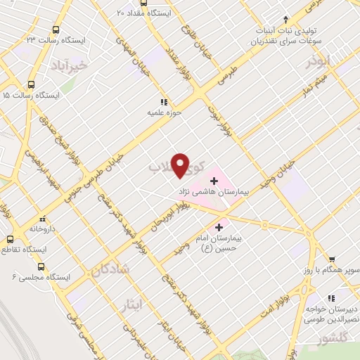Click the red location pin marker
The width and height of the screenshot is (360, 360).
pos(181,165)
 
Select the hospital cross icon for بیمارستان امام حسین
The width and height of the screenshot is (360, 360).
pos(220,227)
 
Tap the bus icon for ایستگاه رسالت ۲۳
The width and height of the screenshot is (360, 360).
pos(56,31)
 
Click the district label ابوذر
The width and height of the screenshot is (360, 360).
pos(319,62)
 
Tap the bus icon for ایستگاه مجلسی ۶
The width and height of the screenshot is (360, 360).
pos(41,267)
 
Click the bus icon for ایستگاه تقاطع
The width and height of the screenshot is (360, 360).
pos(10,238)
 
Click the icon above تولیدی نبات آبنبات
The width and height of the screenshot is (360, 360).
pos(285,19)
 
